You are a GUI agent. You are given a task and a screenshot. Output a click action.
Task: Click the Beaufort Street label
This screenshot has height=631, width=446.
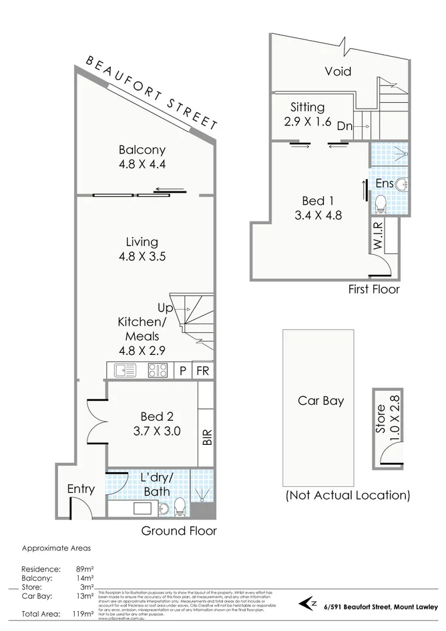click(152, 93)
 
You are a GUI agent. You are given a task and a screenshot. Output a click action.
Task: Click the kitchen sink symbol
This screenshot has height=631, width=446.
click(125, 370)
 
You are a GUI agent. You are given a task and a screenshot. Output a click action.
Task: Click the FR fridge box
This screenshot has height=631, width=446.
click(202, 371)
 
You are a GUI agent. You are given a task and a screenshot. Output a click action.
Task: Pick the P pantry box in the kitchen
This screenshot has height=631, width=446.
click(182, 371)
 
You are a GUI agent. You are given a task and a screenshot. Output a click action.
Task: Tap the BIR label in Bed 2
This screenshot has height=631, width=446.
click(206, 438)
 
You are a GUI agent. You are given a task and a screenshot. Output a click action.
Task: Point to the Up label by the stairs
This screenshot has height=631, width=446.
click(165, 308)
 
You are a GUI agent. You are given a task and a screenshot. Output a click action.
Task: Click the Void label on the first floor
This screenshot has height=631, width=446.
click(338, 71)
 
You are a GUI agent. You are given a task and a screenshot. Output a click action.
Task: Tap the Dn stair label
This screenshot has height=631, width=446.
click(345, 125)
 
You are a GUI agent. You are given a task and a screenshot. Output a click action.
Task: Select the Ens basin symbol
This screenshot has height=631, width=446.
click(400, 184)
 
